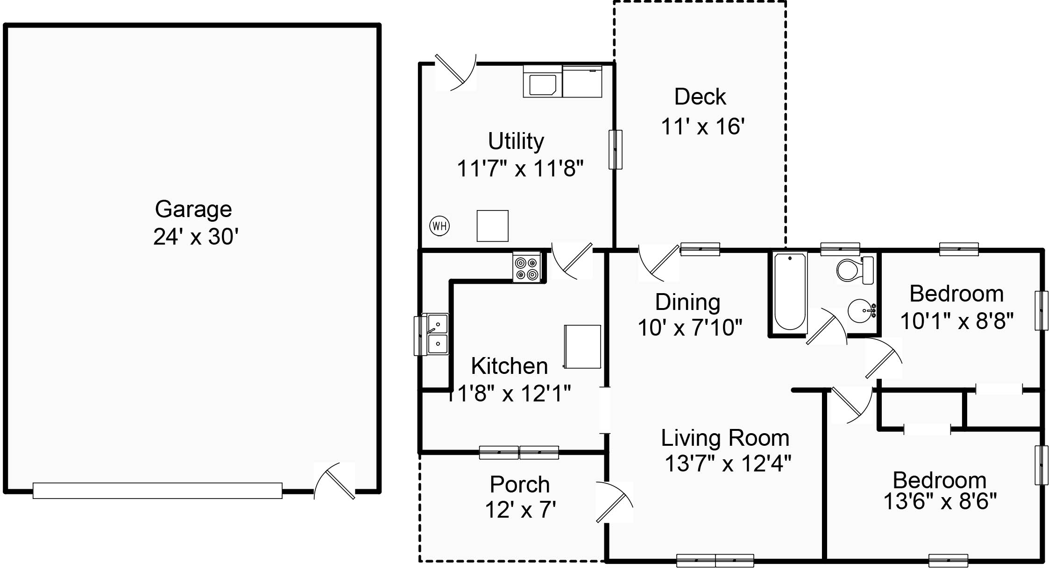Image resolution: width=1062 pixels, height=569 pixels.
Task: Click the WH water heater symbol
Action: pos(439,226)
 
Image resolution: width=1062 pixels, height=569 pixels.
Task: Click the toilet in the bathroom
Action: pos(854,270)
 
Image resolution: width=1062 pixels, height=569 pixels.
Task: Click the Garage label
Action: pos(193,209)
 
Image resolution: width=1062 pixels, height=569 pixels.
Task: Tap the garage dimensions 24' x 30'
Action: pos(196,237)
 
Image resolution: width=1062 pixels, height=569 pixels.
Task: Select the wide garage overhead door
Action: pos(157,491)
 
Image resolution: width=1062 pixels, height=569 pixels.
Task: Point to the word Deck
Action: pos(700,97)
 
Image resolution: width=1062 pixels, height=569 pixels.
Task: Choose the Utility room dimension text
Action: pos(520,169)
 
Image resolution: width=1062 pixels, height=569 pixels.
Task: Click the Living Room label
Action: pos(725,438)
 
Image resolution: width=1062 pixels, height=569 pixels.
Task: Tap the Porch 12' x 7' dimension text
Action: pos(520,510)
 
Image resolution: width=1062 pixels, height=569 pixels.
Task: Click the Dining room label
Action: pos(687,302)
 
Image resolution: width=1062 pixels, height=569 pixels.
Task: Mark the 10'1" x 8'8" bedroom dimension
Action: pos(956,321)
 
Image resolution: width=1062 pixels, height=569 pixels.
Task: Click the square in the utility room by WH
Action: pos(492,226)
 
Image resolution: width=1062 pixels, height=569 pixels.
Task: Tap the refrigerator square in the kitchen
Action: pos(582,346)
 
